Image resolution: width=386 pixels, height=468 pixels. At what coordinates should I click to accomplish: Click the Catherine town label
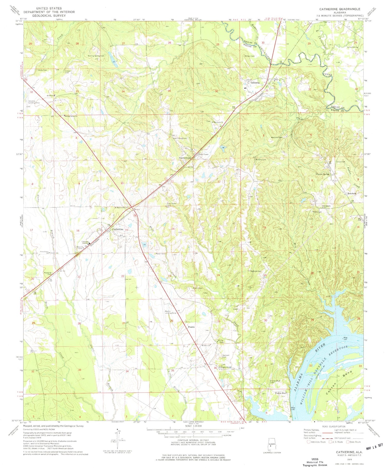117,229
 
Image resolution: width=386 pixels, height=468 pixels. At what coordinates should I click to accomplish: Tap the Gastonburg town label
185,158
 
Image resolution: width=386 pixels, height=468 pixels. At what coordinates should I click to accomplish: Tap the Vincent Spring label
322,174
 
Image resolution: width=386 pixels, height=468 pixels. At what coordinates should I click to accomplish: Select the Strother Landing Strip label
32,102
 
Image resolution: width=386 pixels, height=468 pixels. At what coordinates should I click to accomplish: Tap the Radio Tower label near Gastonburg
203,154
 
